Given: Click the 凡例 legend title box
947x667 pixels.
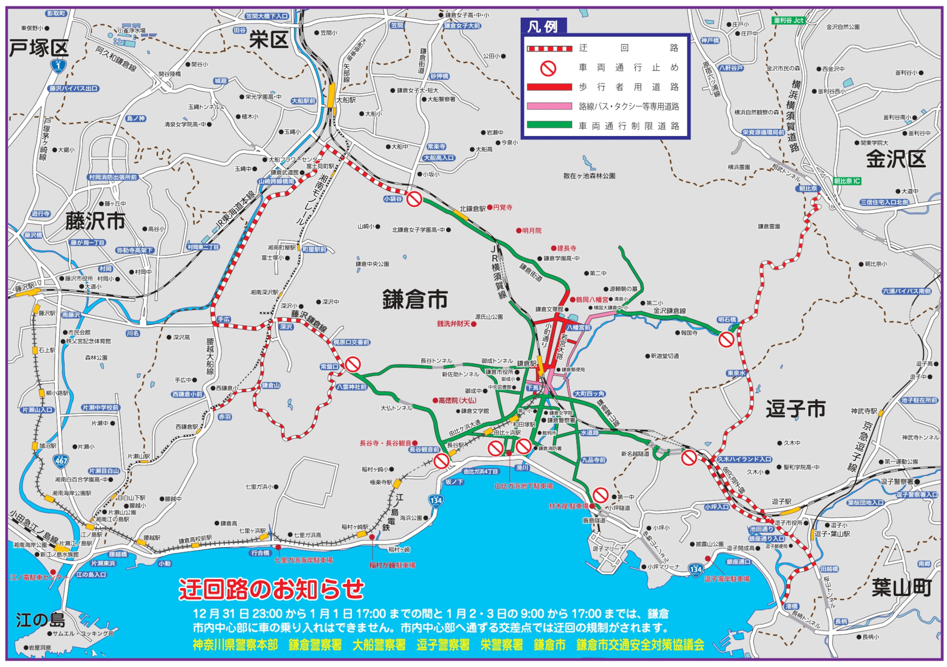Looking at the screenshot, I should coord(543,26).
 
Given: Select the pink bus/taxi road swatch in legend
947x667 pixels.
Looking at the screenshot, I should coord(549,106).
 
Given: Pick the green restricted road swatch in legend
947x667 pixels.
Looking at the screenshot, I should coord(549,125).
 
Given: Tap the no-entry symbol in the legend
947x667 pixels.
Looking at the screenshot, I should coord(548,68).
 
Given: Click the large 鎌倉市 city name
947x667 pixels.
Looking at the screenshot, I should coord(415,300).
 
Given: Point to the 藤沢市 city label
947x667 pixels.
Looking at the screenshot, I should coord(95,221).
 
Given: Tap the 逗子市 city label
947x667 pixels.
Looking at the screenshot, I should coord(795,409).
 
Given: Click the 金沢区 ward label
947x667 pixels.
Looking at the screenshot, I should coord(896,159).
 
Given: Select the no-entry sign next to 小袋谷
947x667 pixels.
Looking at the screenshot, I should coord(414,199).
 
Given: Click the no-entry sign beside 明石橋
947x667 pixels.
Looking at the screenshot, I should coord(726,339).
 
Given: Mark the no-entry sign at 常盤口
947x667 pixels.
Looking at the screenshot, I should coord(353,365).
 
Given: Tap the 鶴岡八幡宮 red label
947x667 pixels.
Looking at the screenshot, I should coord(592,299).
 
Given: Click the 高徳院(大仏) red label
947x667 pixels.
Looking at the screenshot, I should coord(457,400).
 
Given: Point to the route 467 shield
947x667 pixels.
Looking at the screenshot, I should coord(61,461).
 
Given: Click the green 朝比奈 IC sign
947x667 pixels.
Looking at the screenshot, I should coord(847,181).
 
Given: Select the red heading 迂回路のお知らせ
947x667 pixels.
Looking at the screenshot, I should coord(271,589).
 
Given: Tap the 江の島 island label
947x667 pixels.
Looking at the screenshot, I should coord(40,620).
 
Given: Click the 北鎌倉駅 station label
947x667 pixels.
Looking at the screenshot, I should coord(472,209).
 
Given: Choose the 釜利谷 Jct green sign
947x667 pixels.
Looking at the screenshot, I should coord(789,20).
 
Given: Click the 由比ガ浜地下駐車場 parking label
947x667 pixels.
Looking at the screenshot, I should coord(523,486).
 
